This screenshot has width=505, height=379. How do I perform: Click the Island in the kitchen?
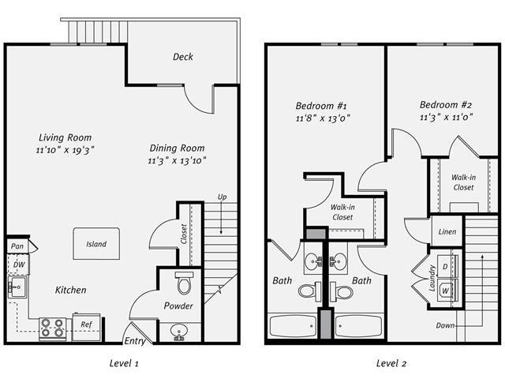96,244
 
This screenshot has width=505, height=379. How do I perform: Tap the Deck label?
182,57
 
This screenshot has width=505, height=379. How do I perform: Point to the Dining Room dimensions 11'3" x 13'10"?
177,161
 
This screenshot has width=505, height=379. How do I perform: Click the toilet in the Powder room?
184,283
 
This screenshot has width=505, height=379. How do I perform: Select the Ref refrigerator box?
85,324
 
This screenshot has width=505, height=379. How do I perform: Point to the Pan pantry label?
17,247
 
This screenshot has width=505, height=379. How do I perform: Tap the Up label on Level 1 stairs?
223,196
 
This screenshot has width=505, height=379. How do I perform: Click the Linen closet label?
446,233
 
